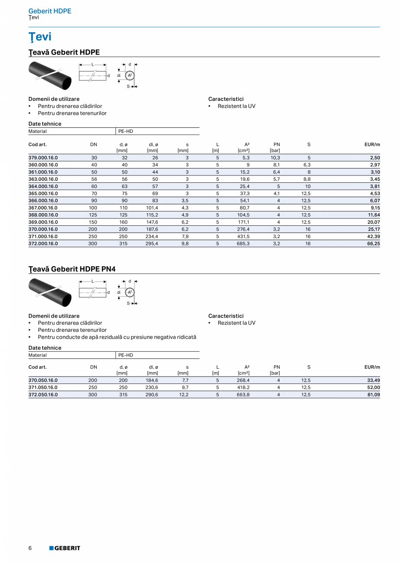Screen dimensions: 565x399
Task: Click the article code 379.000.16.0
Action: pyautogui.click(x=43, y=158)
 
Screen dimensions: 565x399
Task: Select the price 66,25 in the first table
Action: pyautogui.click(x=374, y=244)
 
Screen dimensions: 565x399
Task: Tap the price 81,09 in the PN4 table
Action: pyautogui.click(x=374, y=395)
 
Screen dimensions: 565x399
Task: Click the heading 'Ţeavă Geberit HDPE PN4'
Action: pyautogui.click(x=72, y=269)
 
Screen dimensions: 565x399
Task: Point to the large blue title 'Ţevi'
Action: pyautogui.click(x=40, y=37)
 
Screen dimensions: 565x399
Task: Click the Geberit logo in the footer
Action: pyautogui.click(x=65, y=548)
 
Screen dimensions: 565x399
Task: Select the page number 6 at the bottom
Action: pyautogui.click(x=30, y=548)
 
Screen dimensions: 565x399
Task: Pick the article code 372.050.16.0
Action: pyautogui.click(x=43, y=395)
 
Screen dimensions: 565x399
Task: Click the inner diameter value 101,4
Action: pyautogui.click(x=152, y=208)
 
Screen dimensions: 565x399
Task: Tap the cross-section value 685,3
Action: pyautogui.click(x=243, y=244)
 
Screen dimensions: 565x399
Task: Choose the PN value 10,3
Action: pyautogui.click(x=275, y=158)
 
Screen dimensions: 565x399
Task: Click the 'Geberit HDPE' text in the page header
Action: pyautogui.click(x=50, y=11)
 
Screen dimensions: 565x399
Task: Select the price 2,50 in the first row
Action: pyautogui.click(x=375, y=158)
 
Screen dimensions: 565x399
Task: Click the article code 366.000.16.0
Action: pyautogui.click(x=43, y=201)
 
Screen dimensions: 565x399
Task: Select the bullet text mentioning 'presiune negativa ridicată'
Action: pyautogui.click(x=117, y=337)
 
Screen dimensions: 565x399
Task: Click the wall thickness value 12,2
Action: pyautogui.click(x=184, y=395)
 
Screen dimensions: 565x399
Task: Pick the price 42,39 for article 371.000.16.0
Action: pyautogui.click(x=374, y=237)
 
